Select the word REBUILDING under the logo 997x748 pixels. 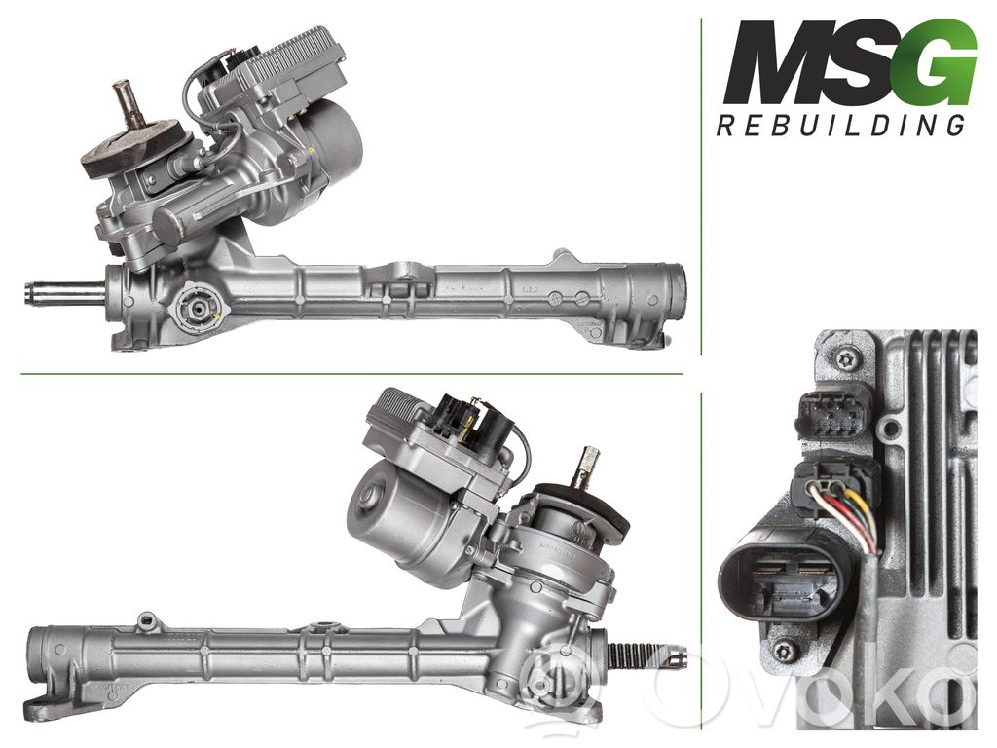[x=841, y=126]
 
